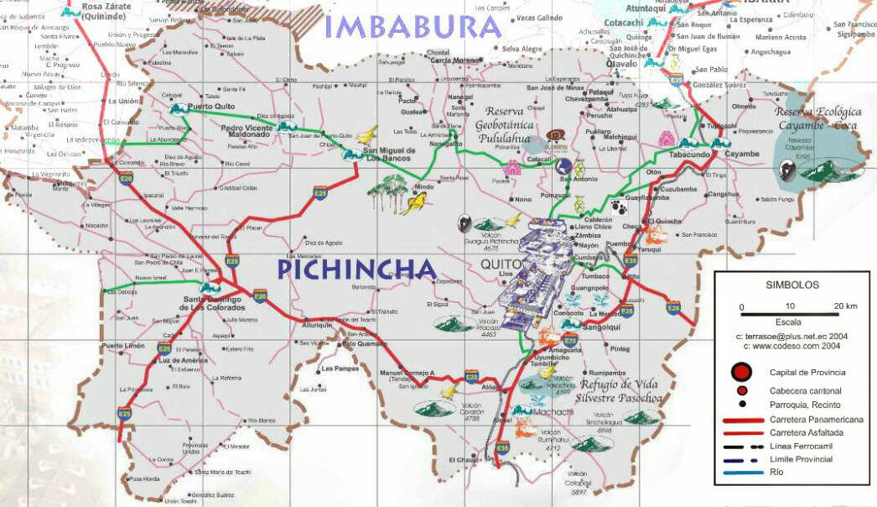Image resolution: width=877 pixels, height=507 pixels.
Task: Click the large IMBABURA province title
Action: (x=413, y=26)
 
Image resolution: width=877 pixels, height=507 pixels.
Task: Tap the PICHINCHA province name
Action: (x=357, y=269)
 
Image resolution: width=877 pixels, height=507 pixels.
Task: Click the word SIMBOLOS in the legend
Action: (x=791, y=285)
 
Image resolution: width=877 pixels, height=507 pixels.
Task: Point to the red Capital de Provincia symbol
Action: (x=741, y=372)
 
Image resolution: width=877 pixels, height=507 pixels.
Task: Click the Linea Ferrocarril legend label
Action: (x=801, y=446)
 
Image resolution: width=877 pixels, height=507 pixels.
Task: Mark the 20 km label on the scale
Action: (x=845, y=306)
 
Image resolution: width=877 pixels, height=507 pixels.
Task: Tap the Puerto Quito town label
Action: (x=213, y=107)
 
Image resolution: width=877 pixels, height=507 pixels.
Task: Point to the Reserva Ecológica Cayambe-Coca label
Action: (x=817, y=118)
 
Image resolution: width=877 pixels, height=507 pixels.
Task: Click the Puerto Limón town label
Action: (x=123, y=346)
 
